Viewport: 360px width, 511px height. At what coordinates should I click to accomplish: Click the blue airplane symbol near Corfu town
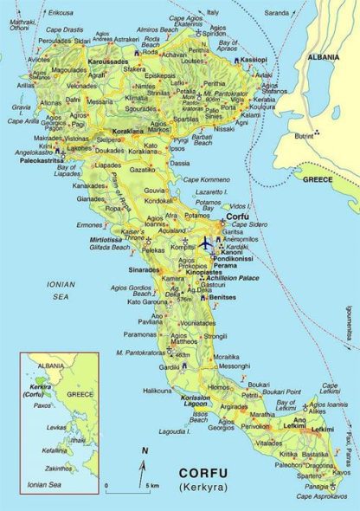point(206,243)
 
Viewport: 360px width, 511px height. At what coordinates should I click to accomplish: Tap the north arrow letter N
point(145,450)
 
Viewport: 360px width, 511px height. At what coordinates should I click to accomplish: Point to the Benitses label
point(222,296)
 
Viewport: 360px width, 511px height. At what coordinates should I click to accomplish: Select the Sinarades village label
point(145,269)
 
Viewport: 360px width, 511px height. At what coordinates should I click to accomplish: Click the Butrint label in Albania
point(304,136)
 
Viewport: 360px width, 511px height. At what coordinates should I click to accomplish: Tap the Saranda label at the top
point(277,14)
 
